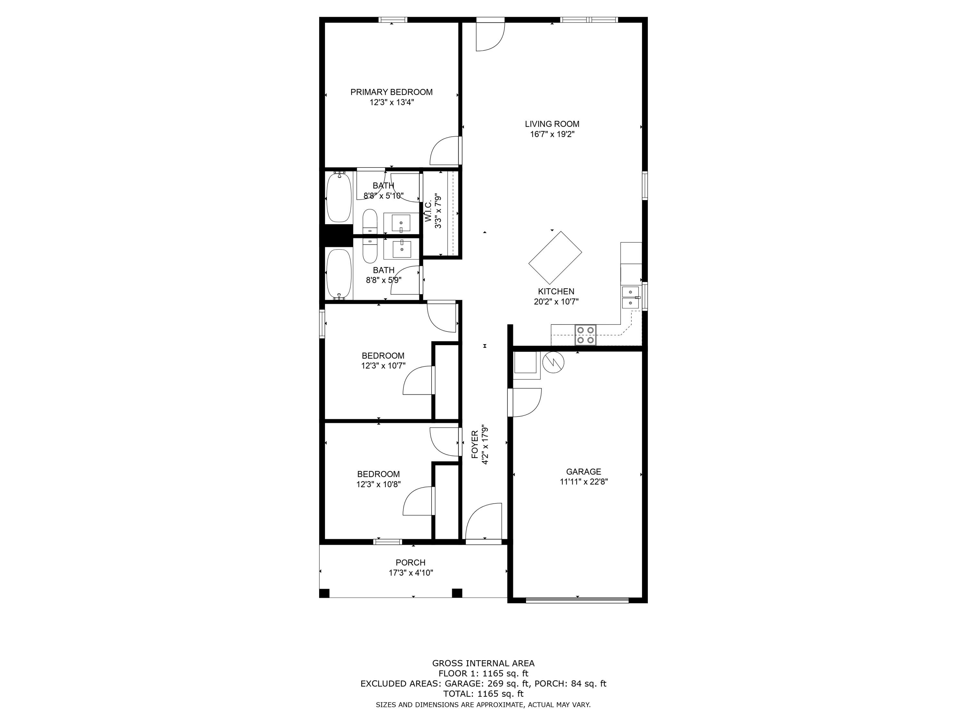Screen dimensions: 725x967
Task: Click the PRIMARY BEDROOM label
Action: (391, 92)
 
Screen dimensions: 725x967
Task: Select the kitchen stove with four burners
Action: (586, 335)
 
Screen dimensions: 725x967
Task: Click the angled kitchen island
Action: (555, 257)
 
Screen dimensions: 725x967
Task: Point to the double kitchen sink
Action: (630, 297)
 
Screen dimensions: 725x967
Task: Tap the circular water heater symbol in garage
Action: (553, 362)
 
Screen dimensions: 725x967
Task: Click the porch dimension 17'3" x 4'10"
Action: (411, 573)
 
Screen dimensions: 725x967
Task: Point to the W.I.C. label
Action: (428, 211)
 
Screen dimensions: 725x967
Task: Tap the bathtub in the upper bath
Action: (339, 197)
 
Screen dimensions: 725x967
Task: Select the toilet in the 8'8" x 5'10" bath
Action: (370, 222)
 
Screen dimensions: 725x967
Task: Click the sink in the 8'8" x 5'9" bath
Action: (401, 249)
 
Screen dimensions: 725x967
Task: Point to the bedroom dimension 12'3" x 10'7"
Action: (383, 366)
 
